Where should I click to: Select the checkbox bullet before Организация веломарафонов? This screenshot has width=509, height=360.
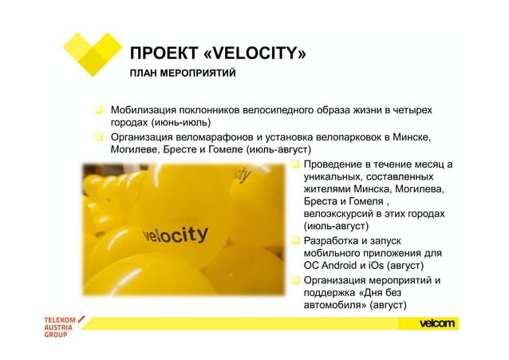(x=101, y=136)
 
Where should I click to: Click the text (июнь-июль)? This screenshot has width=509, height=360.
(x=177, y=123)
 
